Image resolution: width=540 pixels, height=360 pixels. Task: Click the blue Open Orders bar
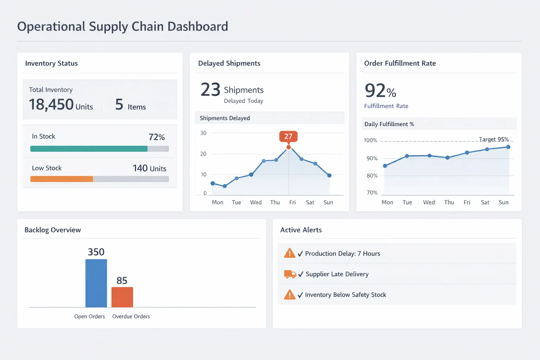pyautogui.click(x=96, y=283)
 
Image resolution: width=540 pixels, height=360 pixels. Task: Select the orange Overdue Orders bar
pyautogui.click(x=122, y=297)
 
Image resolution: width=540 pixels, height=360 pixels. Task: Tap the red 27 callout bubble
pyautogui.click(x=288, y=136)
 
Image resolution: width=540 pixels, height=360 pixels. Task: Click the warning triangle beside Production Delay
pyautogui.click(x=289, y=253)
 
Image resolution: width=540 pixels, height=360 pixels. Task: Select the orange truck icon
pyautogui.click(x=290, y=274)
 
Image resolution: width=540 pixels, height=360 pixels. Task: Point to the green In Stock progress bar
pyautogui.click(x=89, y=149)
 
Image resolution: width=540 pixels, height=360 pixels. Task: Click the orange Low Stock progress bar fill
pyautogui.click(x=62, y=179)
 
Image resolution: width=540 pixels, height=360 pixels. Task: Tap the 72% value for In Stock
pyautogui.click(x=156, y=137)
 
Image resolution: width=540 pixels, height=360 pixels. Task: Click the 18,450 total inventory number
pyautogui.click(x=51, y=104)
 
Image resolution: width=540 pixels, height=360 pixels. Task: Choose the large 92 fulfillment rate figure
pyautogui.click(x=375, y=91)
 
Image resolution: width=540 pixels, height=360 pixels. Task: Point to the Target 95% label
pyautogui.click(x=494, y=139)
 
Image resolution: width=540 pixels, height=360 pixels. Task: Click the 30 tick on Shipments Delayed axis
pyautogui.click(x=203, y=133)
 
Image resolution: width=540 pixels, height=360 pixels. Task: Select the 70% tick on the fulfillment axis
pyautogui.click(x=372, y=193)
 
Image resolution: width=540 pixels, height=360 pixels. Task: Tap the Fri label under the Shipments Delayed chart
pyautogui.click(x=292, y=202)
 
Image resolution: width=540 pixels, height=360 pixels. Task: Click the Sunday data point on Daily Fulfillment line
pyautogui.click(x=508, y=147)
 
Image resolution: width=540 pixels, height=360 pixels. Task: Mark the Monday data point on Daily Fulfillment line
pyautogui.click(x=385, y=166)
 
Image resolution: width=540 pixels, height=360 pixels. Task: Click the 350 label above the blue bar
pyautogui.click(x=96, y=252)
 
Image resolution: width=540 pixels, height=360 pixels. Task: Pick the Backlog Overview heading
pyautogui.click(x=53, y=230)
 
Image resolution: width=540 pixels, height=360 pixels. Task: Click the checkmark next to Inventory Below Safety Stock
pyautogui.click(x=300, y=295)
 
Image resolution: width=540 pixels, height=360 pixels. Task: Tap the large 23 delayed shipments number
pyautogui.click(x=210, y=90)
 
